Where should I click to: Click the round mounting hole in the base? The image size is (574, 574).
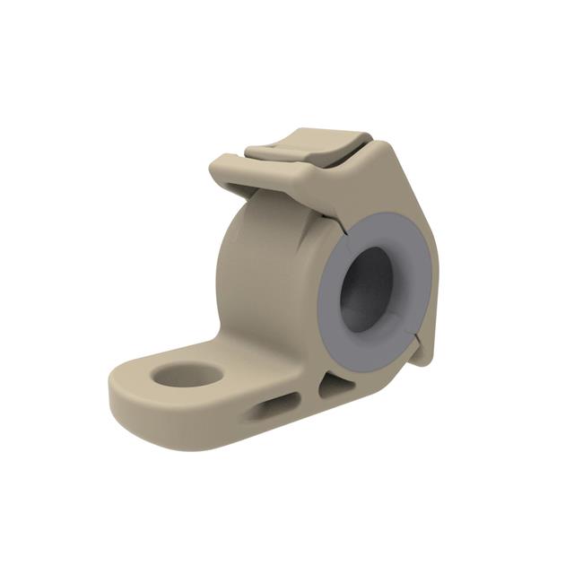tap(187, 374)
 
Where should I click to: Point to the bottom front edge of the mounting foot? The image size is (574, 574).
tap(179, 439)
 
